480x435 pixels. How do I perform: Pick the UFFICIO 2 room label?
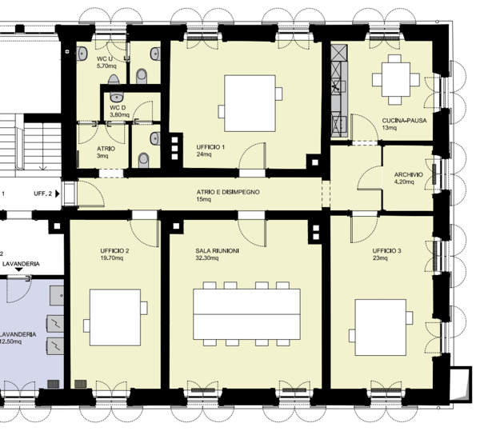[x=114, y=250]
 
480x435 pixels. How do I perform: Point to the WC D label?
[x=118, y=107]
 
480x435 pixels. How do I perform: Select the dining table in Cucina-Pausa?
[x=396, y=78]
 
